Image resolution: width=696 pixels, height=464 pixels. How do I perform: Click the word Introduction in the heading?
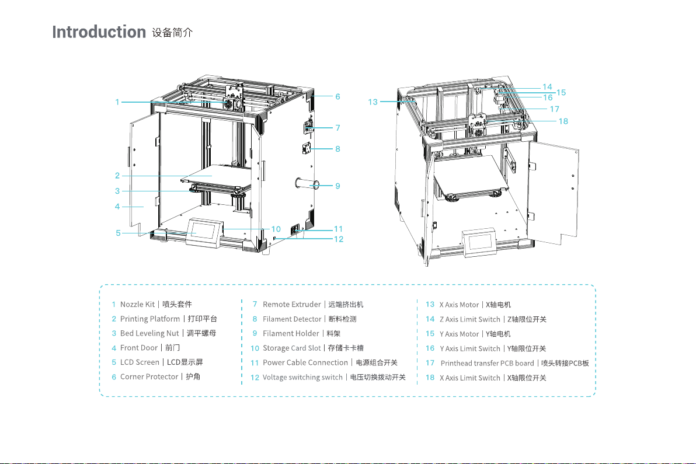(98, 32)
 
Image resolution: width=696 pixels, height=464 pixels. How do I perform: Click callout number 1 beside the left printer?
(117, 102)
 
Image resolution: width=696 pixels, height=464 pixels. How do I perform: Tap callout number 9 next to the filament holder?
(337, 186)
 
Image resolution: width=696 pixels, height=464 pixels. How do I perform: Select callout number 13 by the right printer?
(373, 102)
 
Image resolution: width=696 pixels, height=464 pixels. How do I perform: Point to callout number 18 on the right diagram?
(563, 121)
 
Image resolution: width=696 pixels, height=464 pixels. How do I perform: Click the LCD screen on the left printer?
(204, 229)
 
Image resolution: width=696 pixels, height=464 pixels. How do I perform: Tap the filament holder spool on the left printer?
(307, 186)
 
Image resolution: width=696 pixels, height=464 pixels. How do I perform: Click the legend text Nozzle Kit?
(137, 304)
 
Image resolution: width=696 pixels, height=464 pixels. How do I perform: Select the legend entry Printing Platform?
(150, 319)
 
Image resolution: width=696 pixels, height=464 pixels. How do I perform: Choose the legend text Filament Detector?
(292, 319)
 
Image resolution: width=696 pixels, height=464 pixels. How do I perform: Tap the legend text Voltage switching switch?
(302, 377)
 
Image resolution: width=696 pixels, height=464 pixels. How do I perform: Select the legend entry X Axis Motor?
(459, 305)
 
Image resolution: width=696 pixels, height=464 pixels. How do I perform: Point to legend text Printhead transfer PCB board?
(487, 363)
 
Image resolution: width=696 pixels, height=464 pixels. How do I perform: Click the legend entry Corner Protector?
(149, 376)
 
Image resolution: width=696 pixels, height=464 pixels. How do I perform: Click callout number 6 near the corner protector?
(337, 96)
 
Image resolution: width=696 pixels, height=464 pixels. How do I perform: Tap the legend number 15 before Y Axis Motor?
(430, 334)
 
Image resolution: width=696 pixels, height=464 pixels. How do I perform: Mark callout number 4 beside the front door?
(117, 206)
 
